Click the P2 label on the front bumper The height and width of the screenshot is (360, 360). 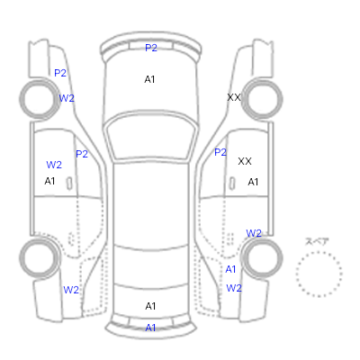click(x=151, y=48)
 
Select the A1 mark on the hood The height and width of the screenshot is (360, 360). click(x=149, y=79)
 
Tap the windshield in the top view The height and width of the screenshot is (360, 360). click(x=151, y=137)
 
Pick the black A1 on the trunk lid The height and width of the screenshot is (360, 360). click(x=150, y=306)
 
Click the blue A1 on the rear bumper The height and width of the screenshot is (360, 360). click(x=150, y=328)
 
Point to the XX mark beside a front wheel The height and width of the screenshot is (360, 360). click(x=234, y=97)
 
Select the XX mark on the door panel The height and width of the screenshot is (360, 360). click(x=245, y=161)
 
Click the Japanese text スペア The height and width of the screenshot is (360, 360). click(x=317, y=241)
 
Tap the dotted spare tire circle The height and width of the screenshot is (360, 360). click(x=319, y=252)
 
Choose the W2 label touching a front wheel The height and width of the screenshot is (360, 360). click(x=67, y=98)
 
